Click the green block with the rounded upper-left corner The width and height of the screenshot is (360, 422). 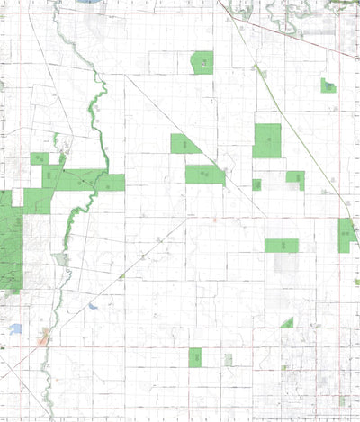(x=202, y=62)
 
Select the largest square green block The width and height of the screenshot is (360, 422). (x=266, y=140)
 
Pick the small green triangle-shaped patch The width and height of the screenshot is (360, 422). (x=287, y=322)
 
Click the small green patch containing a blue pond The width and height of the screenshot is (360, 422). (x=328, y=85)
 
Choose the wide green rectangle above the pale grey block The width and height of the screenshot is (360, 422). (x=281, y=245)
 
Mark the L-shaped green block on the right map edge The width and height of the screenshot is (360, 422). (x=346, y=236)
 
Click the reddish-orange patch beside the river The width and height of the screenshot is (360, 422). (x=43, y=340)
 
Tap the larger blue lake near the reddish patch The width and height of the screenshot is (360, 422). (x=15, y=329)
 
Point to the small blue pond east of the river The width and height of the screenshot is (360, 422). (x=93, y=306)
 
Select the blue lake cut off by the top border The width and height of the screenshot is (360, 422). (x=90, y=3)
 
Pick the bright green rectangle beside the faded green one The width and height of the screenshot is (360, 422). (x=194, y=357)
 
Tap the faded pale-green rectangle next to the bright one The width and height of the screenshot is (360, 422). (x=228, y=359)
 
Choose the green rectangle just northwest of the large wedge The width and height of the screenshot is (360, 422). (x=184, y=144)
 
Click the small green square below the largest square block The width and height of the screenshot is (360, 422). (x=256, y=184)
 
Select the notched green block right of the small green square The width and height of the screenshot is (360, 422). (x=296, y=179)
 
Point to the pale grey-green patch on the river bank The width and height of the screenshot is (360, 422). (x=61, y=259)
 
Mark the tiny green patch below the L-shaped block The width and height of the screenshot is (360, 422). (x=356, y=282)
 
